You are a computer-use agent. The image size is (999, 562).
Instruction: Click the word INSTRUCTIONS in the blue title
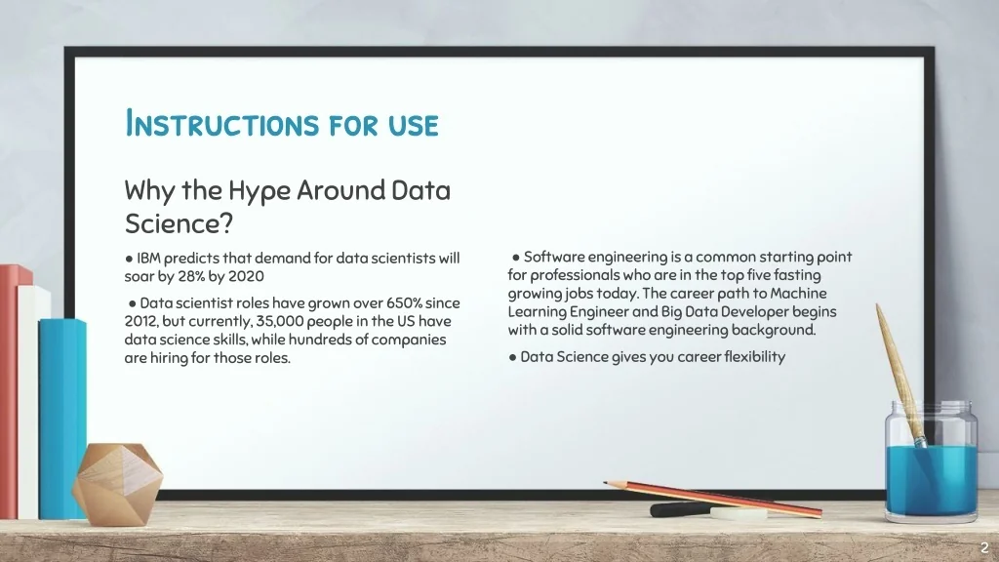coord(221,123)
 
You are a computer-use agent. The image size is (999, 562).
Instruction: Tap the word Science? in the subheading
coord(180,223)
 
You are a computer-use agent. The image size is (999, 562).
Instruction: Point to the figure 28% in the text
coord(191,276)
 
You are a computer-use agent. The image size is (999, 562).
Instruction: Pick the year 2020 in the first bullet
coord(246,276)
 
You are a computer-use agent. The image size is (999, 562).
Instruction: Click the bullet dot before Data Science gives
coord(512,357)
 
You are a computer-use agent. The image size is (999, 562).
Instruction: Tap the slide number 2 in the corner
coord(984,547)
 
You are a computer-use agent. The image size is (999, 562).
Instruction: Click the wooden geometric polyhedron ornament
coord(118,484)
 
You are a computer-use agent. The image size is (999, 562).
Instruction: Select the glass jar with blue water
coord(931,462)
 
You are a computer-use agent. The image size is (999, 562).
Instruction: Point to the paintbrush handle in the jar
coord(898,370)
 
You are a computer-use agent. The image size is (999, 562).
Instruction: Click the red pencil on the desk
coord(712,499)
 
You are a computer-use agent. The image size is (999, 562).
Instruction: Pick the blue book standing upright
coord(62,418)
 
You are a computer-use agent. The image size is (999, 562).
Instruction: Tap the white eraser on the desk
coord(739,513)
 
